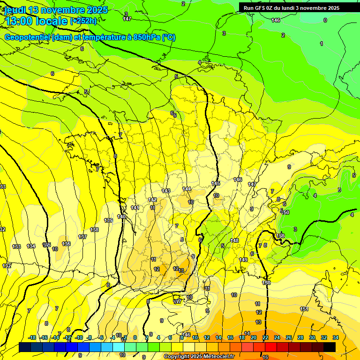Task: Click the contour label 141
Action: pos(135,208)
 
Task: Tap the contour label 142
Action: pos(152,200)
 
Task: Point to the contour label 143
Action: pos(166,191)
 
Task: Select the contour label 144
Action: pos(187,189)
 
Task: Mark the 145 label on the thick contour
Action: pos(216,183)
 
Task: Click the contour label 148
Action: pos(234,240)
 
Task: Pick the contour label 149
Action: pos(243,260)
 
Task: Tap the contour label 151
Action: pos(304,309)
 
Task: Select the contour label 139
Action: pos(108,220)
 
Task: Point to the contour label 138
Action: pos(94,230)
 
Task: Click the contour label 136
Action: pos(66,244)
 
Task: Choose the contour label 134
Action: pos(31,246)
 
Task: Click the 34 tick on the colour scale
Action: pos(335,337)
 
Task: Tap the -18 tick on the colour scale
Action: pos(32,337)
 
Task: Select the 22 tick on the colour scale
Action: pos(265,337)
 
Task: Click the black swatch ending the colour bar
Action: pos(330,347)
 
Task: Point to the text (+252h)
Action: pos(83,21)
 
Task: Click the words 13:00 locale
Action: pos(37,21)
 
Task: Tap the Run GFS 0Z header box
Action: pos(291,8)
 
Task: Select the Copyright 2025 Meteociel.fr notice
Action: pos(199,356)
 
